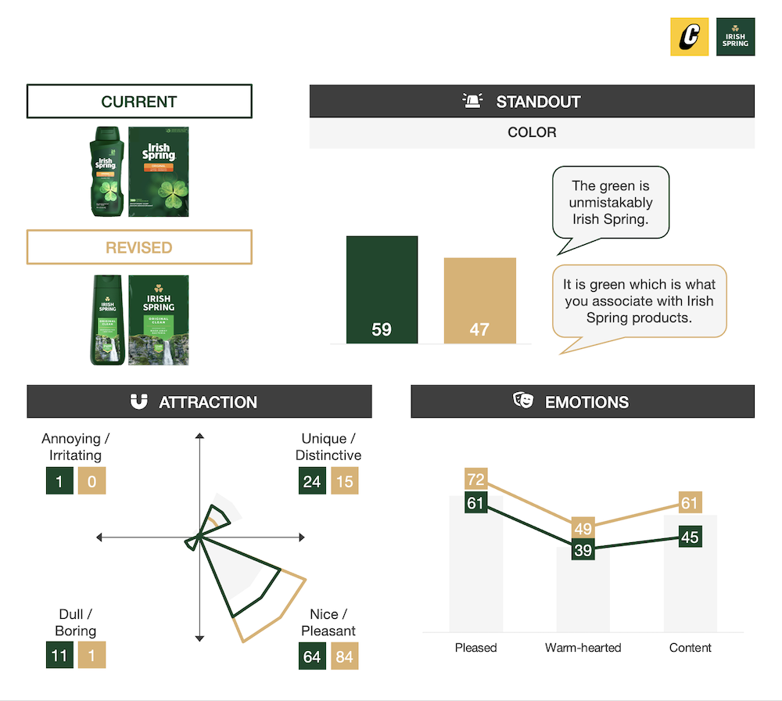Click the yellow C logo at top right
[x=689, y=37]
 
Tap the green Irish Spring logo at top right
[x=735, y=37]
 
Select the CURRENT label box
[x=139, y=102]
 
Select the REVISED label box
[x=139, y=247]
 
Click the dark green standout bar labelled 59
[x=382, y=290]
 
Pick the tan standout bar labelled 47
[x=479, y=301]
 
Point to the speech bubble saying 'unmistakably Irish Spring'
[x=610, y=203]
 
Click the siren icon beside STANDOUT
[x=472, y=102]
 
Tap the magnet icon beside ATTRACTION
[x=138, y=402]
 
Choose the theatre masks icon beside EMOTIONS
[x=523, y=401]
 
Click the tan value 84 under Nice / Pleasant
[x=345, y=656]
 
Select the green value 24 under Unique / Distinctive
[x=312, y=481]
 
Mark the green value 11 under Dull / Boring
[x=59, y=656]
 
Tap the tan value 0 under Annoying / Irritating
[x=91, y=481]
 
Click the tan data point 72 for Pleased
[x=475, y=480]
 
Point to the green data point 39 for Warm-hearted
[x=583, y=550]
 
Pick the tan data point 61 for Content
[x=689, y=503]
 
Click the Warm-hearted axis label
[x=583, y=648]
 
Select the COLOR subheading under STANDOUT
[x=532, y=132]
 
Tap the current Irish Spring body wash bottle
[x=106, y=171]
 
